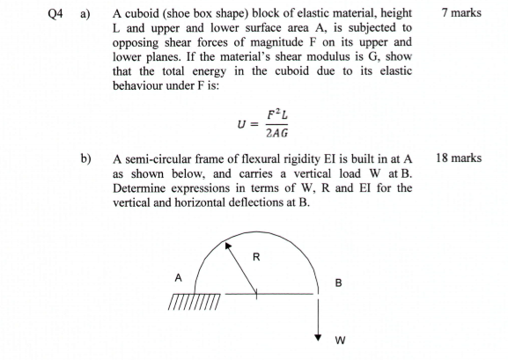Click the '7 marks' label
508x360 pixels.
(x=459, y=14)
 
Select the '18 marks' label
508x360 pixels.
(x=458, y=158)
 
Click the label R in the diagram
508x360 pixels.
(x=255, y=258)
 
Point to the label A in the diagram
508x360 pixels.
(x=177, y=276)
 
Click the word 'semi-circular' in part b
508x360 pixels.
(x=160, y=159)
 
